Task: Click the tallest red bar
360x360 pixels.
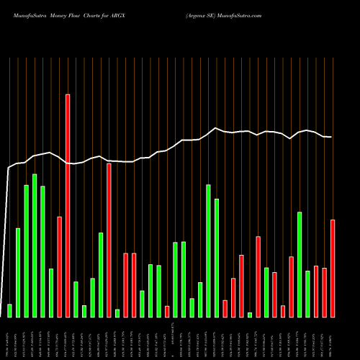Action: (x=68, y=205)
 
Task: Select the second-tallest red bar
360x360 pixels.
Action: (x=109, y=240)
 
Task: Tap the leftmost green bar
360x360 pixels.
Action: (x=9, y=310)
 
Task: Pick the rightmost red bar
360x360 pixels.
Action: (x=333, y=268)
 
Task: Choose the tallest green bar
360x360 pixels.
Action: (x=34, y=245)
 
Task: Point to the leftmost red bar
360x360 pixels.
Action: (x=59, y=266)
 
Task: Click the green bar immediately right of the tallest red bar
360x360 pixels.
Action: (x=76, y=299)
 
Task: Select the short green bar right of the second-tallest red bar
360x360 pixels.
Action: (x=117, y=312)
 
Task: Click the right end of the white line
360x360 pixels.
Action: (x=331, y=137)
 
